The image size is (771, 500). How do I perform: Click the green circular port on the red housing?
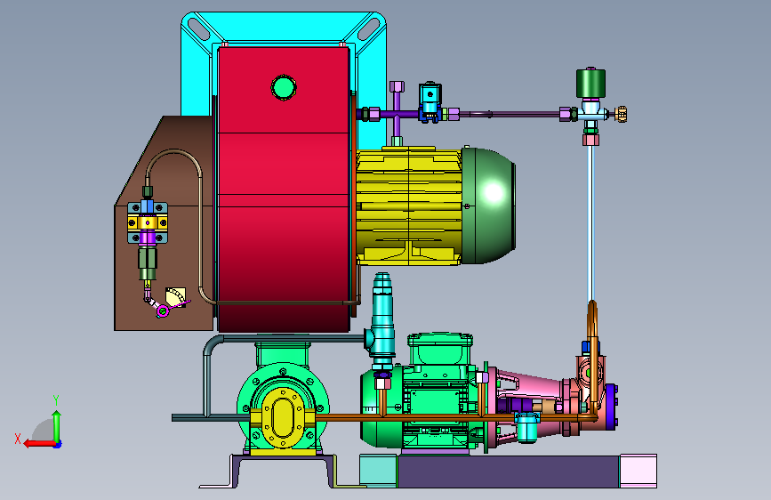283,87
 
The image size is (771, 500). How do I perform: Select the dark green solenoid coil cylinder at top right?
590,83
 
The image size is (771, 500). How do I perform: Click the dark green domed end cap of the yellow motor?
488,206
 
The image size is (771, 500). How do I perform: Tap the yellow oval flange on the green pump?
283,417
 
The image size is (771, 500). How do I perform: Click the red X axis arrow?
40,443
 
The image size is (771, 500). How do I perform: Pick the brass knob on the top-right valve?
622,114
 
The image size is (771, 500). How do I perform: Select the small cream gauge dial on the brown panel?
176,297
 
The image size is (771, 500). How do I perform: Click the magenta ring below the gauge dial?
163,310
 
